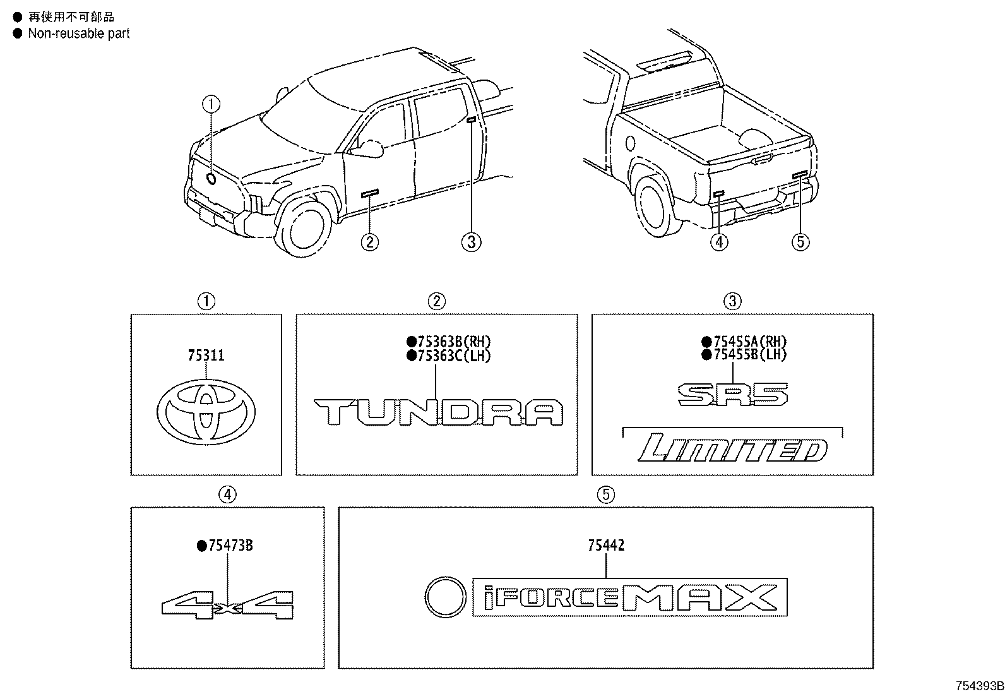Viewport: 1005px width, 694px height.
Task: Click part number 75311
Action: [x=206, y=356]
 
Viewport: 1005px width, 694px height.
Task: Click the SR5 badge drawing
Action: [x=733, y=395]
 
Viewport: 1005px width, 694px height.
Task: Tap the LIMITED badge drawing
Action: [x=732, y=449]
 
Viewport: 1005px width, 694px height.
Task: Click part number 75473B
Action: [x=230, y=545]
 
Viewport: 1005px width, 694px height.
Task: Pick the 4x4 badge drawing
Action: [x=227, y=604]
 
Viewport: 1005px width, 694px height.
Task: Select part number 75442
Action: [x=606, y=545]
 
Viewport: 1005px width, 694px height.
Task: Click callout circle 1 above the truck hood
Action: [x=211, y=104]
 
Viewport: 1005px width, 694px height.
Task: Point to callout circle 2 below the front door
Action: [x=370, y=241]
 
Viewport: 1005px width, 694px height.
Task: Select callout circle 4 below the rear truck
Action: [x=718, y=241]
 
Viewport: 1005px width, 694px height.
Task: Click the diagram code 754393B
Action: [x=979, y=686]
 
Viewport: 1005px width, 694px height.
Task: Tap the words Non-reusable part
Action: [x=78, y=33]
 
